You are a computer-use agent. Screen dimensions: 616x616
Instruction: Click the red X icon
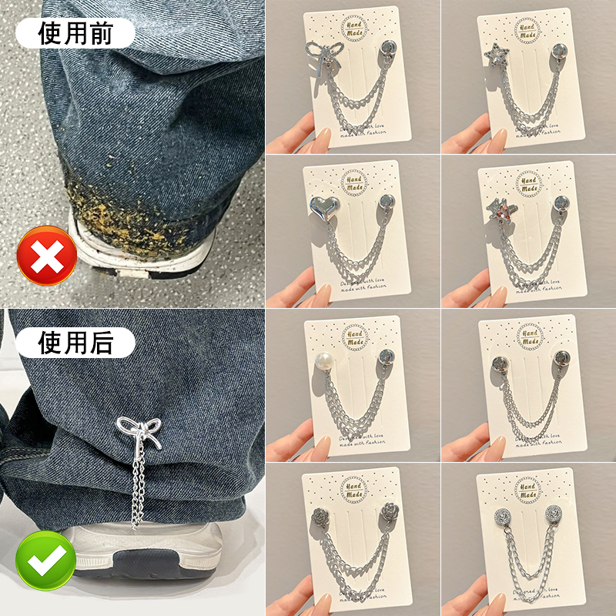pyautogui.click(x=47, y=256)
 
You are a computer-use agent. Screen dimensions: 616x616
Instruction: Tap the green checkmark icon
pyautogui.click(x=47, y=561)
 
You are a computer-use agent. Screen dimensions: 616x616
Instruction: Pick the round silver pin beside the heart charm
pyautogui.click(x=385, y=203)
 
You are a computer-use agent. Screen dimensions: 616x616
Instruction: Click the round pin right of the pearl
pyautogui.click(x=385, y=357)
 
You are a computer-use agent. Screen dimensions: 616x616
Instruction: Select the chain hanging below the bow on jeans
pyautogui.click(x=139, y=489)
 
